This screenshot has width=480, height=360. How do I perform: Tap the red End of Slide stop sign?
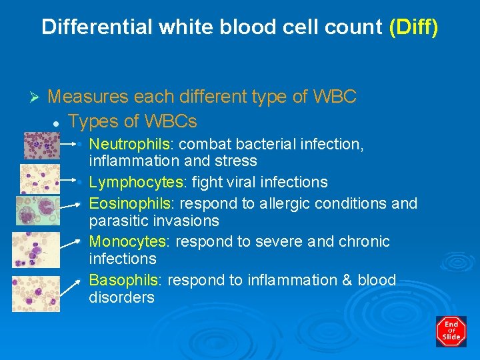click(x=451, y=331)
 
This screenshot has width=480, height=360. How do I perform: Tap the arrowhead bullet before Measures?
click(x=37, y=98)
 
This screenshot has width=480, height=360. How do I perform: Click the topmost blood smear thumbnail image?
click(x=41, y=145)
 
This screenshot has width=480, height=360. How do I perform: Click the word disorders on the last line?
click(x=121, y=297)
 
